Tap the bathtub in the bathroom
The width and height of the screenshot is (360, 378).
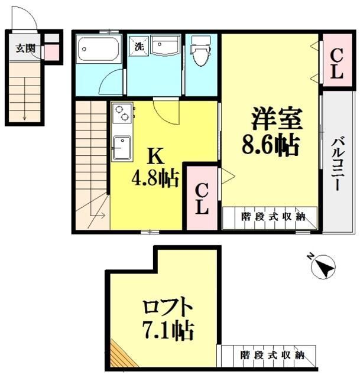tap(99, 48)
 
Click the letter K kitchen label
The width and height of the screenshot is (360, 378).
tap(154, 156)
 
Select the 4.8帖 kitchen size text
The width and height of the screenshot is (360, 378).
tap(155, 178)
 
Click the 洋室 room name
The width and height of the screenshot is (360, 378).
tap(276, 119)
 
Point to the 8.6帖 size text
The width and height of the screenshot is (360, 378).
tap(269, 144)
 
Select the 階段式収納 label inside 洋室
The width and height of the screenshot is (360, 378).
tap(273, 217)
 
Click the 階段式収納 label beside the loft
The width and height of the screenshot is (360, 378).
tap(272, 356)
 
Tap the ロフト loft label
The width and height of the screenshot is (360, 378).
tap(168, 308)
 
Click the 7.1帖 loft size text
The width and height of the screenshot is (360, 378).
tap(168, 331)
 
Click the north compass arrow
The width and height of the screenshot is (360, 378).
tap(323, 268)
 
